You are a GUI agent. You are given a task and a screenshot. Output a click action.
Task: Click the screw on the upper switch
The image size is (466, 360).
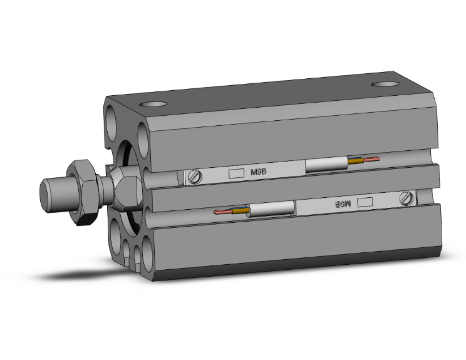(x=196, y=177)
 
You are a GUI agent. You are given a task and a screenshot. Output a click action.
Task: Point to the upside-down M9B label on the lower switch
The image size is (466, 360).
(x=341, y=203)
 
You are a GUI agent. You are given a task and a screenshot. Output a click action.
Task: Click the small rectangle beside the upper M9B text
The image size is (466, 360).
(x=236, y=173)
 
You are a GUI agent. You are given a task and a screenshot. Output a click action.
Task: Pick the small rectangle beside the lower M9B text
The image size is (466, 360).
(x=365, y=202)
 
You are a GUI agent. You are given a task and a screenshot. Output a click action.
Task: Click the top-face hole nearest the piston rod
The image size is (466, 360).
(x=154, y=105)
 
